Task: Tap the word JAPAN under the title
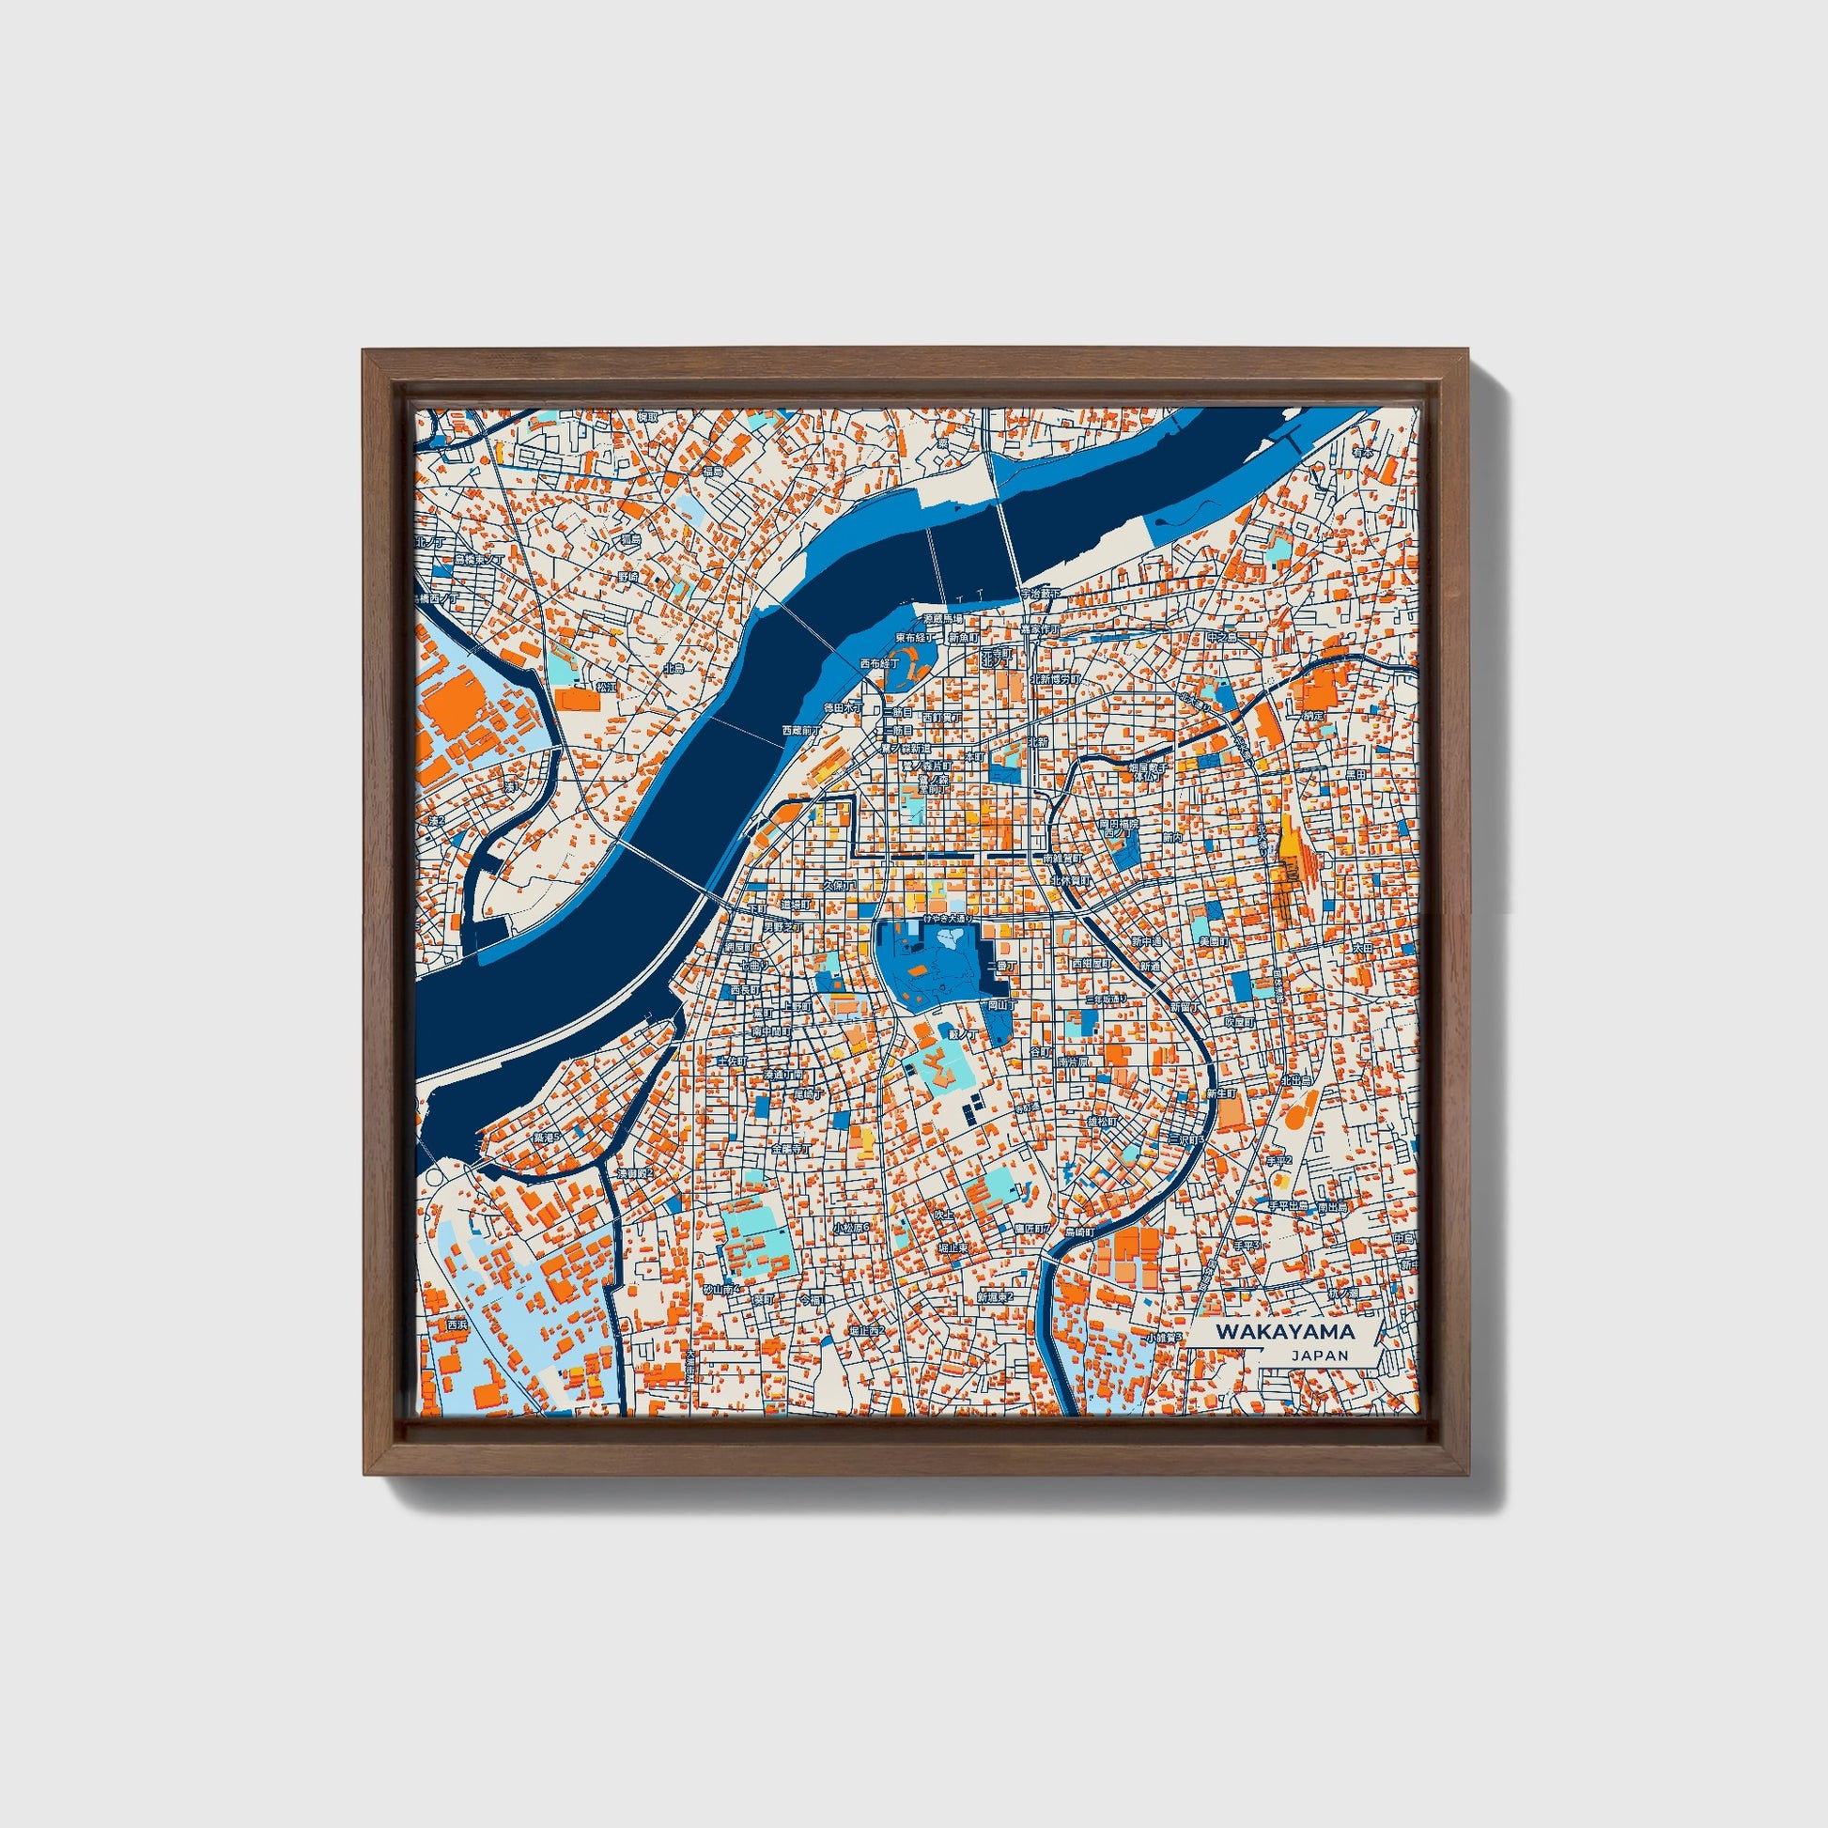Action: click(x=1319, y=1355)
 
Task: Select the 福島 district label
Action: click(x=712, y=471)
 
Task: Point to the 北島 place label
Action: click(x=674, y=668)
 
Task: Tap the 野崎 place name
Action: click(x=628, y=576)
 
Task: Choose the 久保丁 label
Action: click(x=837, y=886)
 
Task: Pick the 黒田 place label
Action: click(x=1356, y=774)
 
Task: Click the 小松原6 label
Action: click(x=851, y=1227)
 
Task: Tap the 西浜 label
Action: click(x=457, y=1325)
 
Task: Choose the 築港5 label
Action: click(x=546, y=1138)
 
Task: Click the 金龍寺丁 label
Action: click(x=790, y=1150)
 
